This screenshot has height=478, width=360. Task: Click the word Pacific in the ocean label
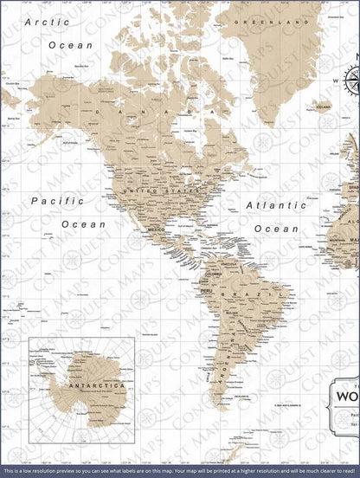pos(59,202)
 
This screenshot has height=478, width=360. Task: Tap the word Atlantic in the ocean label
pos(276,206)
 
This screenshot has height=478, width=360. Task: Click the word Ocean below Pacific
pos(83,224)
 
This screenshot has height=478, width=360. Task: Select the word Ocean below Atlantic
pos(277,229)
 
